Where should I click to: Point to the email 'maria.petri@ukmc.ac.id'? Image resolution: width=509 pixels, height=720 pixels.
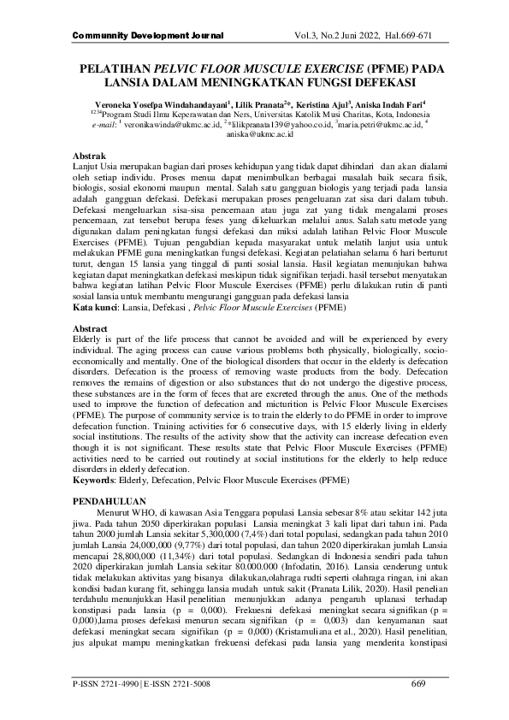click(x=378, y=124)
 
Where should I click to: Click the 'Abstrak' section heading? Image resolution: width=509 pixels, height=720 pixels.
click(x=90, y=156)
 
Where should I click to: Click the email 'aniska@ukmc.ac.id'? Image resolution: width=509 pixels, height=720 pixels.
click(x=260, y=134)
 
